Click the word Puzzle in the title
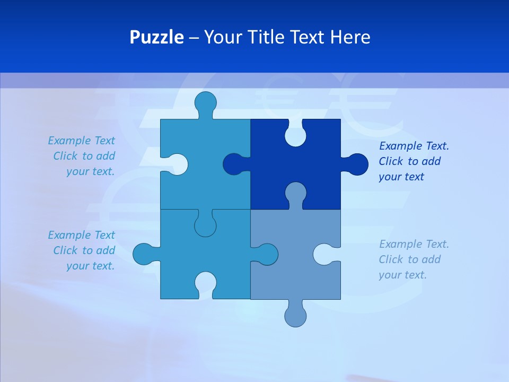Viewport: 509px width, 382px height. (156, 37)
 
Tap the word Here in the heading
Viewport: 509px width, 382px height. (350, 37)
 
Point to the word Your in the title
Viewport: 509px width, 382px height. (221, 37)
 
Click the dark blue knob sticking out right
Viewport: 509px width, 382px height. (357, 164)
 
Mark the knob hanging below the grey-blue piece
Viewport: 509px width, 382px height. (295, 316)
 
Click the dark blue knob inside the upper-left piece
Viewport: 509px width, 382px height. (233, 164)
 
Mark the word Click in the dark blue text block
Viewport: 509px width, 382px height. (391, 161)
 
